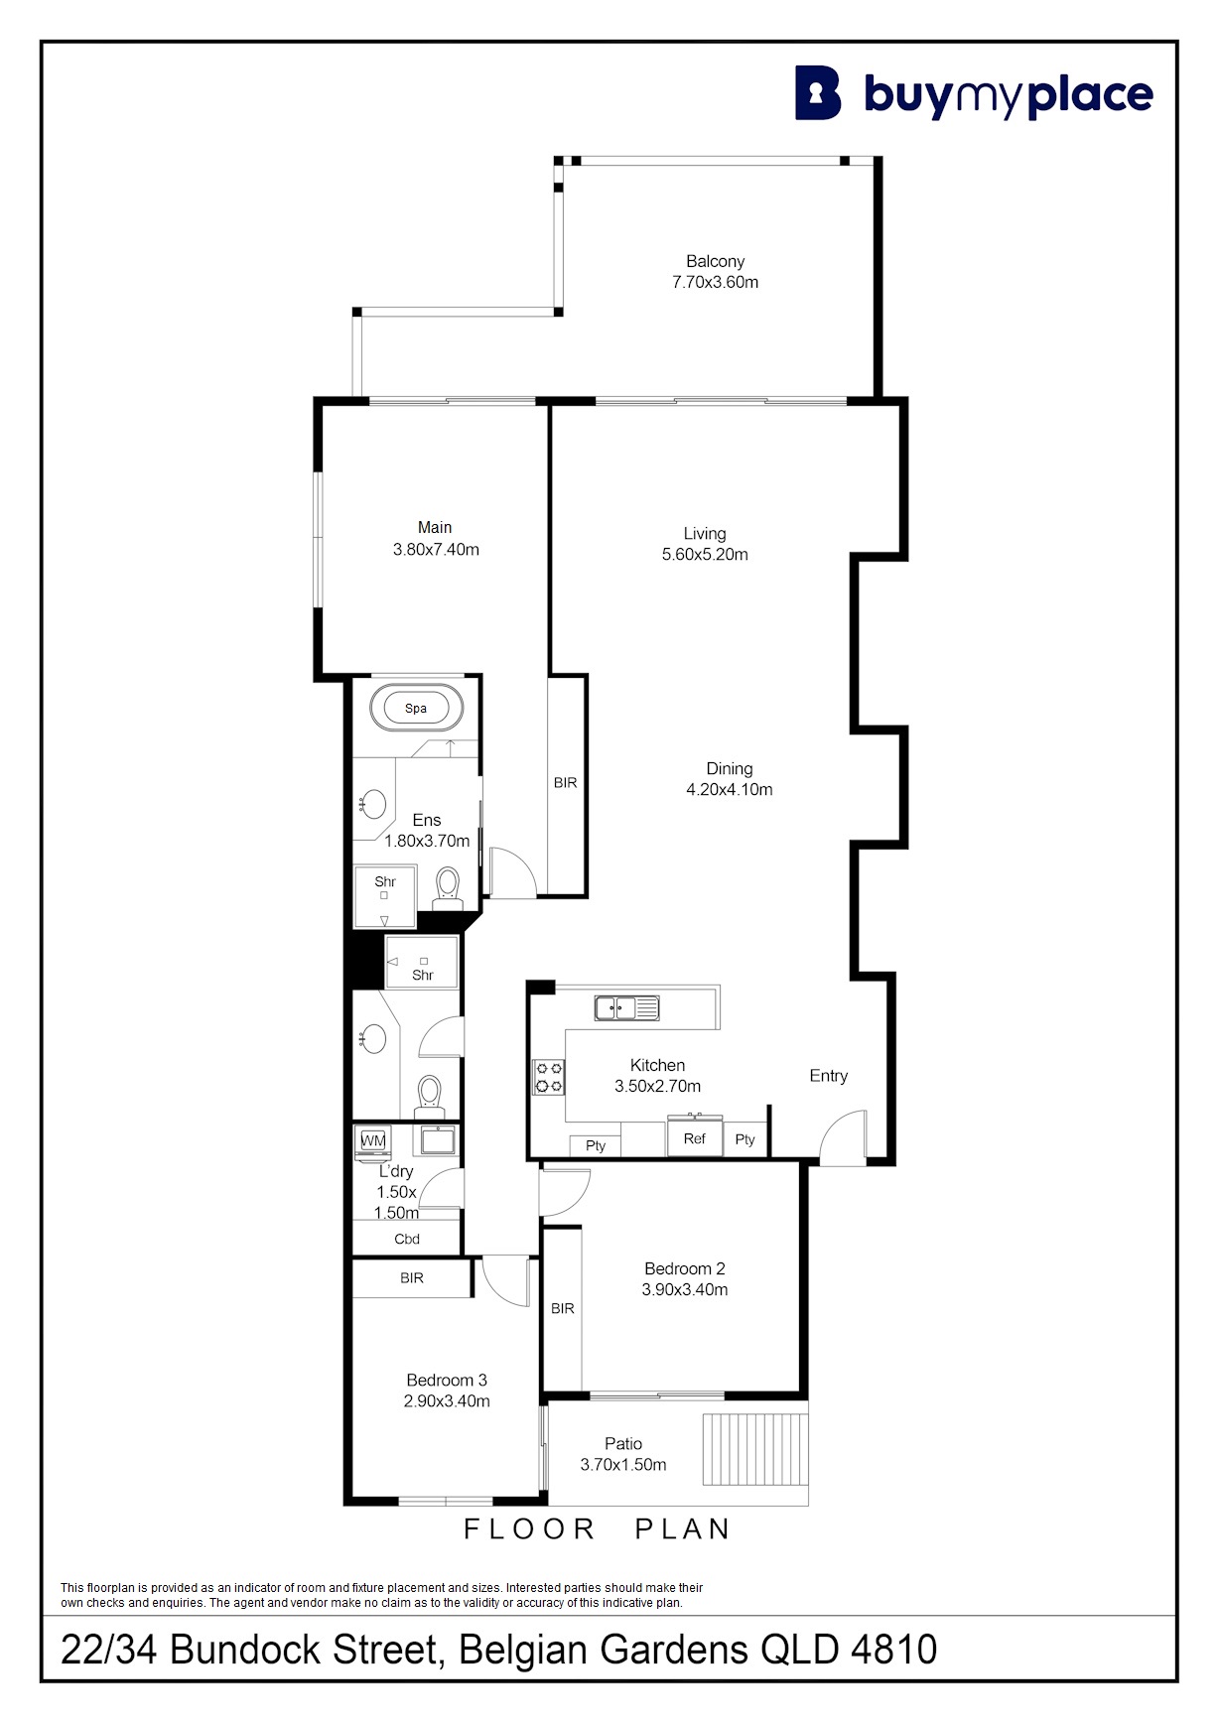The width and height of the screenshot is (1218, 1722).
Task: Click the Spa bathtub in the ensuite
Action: pos(416,709)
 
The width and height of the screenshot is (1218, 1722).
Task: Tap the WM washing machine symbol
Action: pos(373,1141)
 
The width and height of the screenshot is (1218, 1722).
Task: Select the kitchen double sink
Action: pos(626,1007)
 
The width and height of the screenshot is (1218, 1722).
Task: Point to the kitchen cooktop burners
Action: pos(549,1077)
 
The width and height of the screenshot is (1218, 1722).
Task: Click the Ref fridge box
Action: pos(694,1137)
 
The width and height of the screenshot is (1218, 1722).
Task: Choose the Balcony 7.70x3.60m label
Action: pos(715,271)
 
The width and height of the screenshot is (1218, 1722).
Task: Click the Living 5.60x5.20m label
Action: pos(705,544)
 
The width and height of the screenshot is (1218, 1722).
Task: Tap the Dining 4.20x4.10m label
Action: pos(730,779)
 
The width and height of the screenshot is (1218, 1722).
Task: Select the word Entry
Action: pos(829,1076)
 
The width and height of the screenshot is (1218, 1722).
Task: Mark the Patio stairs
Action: pos(755,1449)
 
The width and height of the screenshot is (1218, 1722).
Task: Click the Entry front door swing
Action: pos(843,1136)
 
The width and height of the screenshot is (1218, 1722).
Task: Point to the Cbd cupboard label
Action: pos(407,1239)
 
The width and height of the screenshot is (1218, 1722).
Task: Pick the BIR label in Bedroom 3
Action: pos(412,1277)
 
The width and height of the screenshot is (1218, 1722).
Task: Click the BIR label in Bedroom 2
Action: pos(563,1308)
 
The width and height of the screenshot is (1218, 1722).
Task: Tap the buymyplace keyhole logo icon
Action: pos(818,93)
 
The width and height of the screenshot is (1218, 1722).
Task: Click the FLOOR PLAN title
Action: pos(598,1529)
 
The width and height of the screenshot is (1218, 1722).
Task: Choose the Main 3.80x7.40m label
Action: pos(436,538)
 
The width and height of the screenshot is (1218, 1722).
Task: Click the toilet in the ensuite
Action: pos(449,887)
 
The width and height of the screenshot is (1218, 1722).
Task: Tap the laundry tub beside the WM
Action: pos(438,1139)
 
